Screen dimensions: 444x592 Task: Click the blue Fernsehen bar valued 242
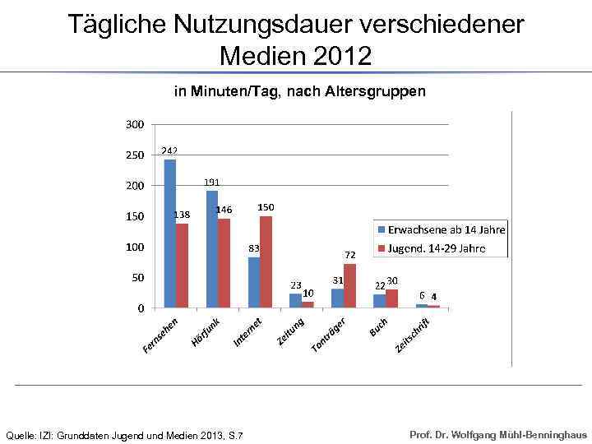coord(170,234)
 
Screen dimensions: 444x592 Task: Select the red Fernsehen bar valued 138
coord(182,266)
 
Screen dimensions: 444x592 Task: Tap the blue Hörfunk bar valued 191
coord(212,249)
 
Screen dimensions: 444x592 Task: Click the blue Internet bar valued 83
coord(254,282)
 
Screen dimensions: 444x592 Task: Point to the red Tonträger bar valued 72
coord(349,285)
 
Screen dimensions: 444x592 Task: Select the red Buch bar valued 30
coord(391,298)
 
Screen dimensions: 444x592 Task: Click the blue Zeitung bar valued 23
coord(295,300)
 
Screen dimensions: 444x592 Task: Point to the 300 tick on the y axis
coord(135,124)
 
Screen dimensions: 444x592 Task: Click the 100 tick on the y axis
coord(135,247)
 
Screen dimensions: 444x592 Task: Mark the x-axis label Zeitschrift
coord(414,335)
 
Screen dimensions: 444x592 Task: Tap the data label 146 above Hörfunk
coord(224,210)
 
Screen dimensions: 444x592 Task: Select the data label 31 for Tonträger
coord(337,280)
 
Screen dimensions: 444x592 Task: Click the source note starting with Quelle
coord(125,434)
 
